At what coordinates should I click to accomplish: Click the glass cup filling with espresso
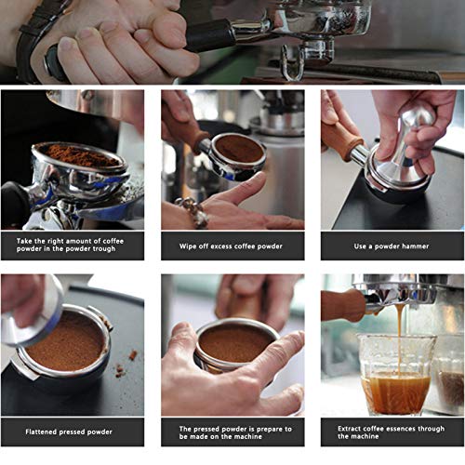coord(396,375)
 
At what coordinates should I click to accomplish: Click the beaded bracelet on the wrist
coord(193,212)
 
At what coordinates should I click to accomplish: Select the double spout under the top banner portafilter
coord(292,63)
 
